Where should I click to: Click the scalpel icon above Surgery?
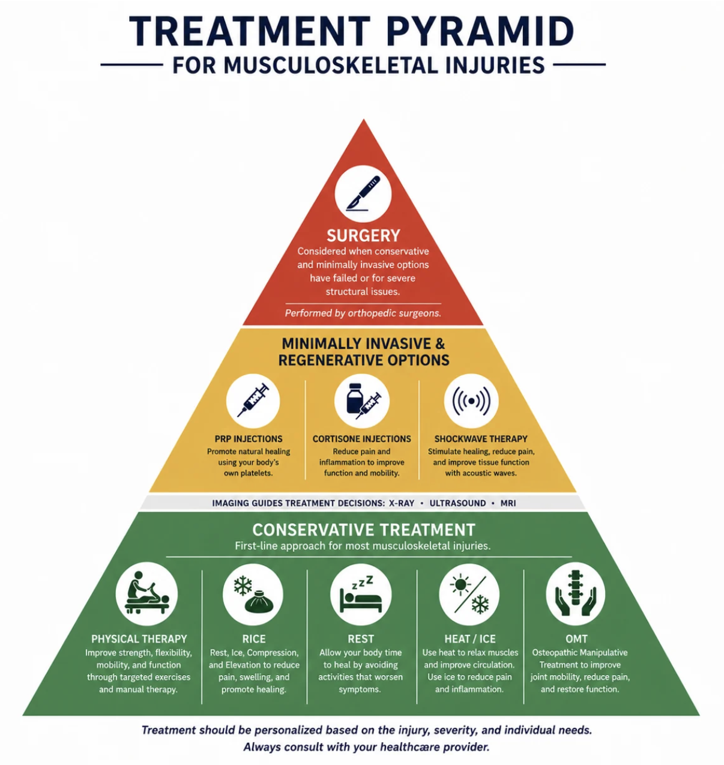pyautogui.click(x=363, y=193)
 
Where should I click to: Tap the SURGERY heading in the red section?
pyautogui.click(x=363, y=235)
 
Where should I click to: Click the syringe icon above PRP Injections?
pyautogui.click(x=253, y=401)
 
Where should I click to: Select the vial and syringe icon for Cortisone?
pyautogui.click(x=362, y=401)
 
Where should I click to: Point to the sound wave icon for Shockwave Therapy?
pyautogui.click(x=471, y=401)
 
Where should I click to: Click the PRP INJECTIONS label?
pyautogui.click(x=249, y=439)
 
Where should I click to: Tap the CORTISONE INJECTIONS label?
pyautogui.click(x=362, y=439)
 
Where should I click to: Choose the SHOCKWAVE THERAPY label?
pyautogui.click(x=481, y=439)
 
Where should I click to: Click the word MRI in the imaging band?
pyautogui.click(x=508, y=503)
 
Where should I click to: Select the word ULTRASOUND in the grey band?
pyautogui.click(x=457, y=503)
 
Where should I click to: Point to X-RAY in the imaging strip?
pyautogui.click(x=402, y=503)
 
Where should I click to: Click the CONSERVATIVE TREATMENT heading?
pyautogui.click(x=364, y=530)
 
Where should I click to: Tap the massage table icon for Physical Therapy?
pyautogui.click(x=146, y=594)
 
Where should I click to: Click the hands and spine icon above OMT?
pyautogui.click(x=576, y=594)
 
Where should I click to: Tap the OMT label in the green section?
pyautogui.click(x=576, y=639)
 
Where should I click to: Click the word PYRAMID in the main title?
pyautogui.click(x=480, y=31)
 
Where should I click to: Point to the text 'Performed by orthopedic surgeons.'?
pyautogui.click(x=363, y=313)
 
